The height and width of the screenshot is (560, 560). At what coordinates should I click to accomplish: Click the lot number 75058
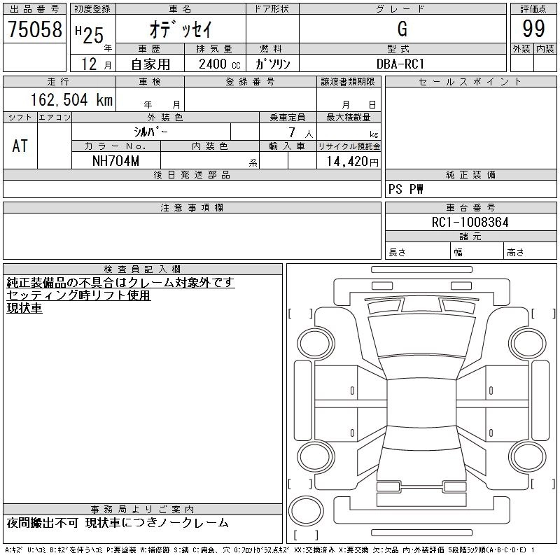pos(34,29)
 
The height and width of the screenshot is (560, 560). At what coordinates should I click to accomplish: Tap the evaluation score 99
pos(533,29)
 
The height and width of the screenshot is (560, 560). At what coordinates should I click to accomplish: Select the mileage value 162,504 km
pos(71,99)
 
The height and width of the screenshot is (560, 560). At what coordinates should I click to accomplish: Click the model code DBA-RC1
pos(400,64)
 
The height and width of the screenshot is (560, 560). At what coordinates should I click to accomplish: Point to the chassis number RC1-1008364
pos(470,222)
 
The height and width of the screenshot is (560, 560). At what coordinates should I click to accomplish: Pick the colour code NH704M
pos(115,161)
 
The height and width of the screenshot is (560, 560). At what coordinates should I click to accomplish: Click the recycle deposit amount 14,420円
pos(352,162)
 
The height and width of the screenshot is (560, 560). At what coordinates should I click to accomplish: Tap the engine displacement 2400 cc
pos(219,64)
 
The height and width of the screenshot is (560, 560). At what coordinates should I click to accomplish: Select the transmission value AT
pos(20,146)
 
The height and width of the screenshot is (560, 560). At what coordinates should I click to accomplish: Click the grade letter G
pos(402,29)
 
